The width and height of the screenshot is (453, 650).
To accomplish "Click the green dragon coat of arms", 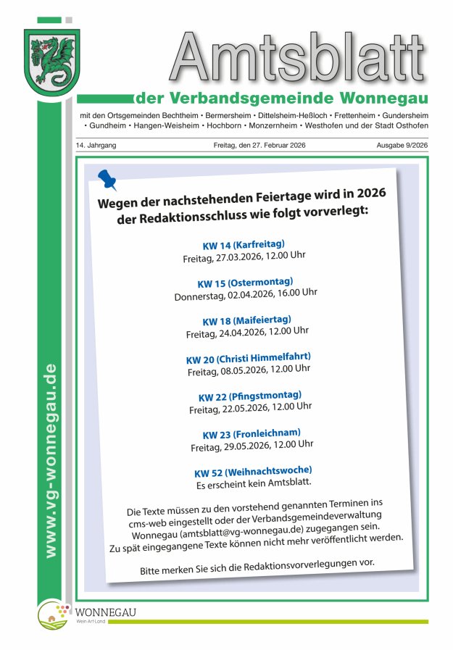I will click(x=51, y=63).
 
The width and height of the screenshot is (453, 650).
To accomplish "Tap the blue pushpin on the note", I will click(x=107, y=179).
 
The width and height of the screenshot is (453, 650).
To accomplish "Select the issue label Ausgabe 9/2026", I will click(x=402, y=146).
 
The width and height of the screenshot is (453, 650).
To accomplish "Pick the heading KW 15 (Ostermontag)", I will click(x=245, y=283).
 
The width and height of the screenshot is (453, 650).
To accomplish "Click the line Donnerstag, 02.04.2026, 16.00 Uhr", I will click(x=246, y=295).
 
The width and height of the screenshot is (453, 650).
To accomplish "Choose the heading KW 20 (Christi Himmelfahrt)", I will click(x=248, y=358).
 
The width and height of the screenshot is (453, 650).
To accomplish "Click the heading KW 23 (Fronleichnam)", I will click(x=251, y=434).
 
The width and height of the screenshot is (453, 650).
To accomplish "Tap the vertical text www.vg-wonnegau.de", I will click(x=50, y=460).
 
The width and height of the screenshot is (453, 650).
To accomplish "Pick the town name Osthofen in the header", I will click(x=411, y=125).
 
